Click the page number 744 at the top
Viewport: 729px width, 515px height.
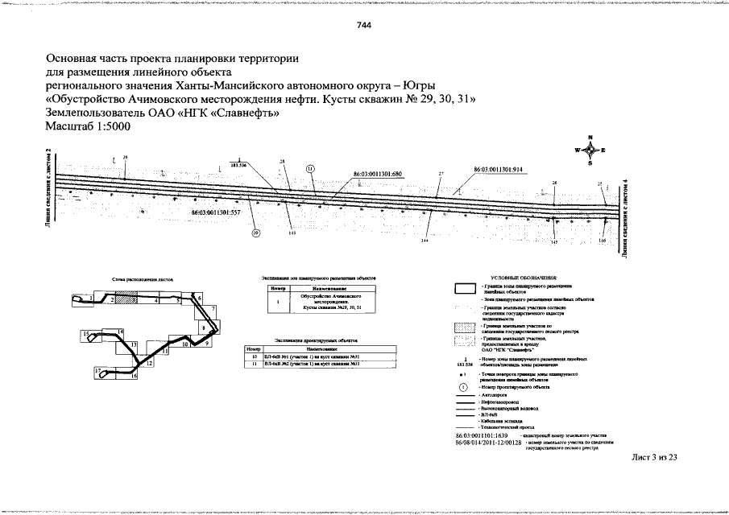(364, 24)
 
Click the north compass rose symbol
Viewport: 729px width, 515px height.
(590, 150)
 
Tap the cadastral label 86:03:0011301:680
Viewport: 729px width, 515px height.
(378, 174)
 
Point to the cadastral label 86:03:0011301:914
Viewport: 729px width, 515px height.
(498, 170)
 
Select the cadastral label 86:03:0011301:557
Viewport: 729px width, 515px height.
(217, 212)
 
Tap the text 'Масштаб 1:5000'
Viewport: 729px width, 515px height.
(87, 127)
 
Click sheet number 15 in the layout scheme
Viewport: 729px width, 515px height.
(85, 332)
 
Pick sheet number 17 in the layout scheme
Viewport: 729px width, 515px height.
(97, 370)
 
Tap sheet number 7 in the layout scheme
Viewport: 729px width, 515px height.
(213, 309)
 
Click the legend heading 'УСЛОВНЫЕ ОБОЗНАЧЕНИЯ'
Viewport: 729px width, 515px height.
(528, 276)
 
